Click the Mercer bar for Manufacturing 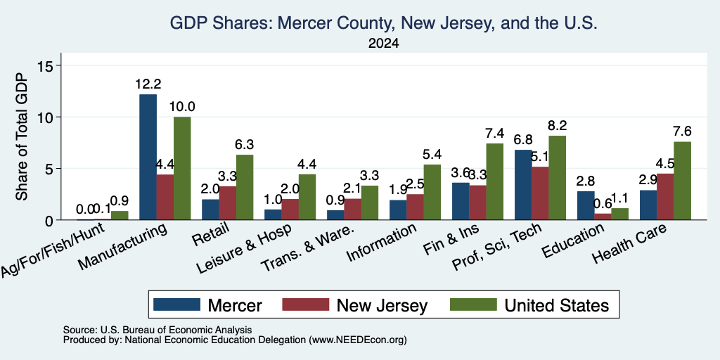click(148, 157)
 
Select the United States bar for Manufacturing click(182, 169)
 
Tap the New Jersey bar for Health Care click(665, 197)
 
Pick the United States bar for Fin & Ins click(494, 182)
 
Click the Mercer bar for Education click(586, 206)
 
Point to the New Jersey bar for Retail click(228, 203)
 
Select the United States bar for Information click(432, 192)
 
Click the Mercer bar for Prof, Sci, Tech click(523, 185)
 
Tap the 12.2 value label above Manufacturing click(148, 84)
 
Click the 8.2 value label click(558, 125)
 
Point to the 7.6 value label click(682, 131)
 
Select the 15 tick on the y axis click(49, 65)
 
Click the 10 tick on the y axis click(49, 117)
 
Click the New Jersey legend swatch click(306, 304)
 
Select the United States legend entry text click(557, 305)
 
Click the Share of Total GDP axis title click(22, 136)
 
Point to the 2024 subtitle click(383, 44)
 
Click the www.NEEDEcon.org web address click(358, 340)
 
